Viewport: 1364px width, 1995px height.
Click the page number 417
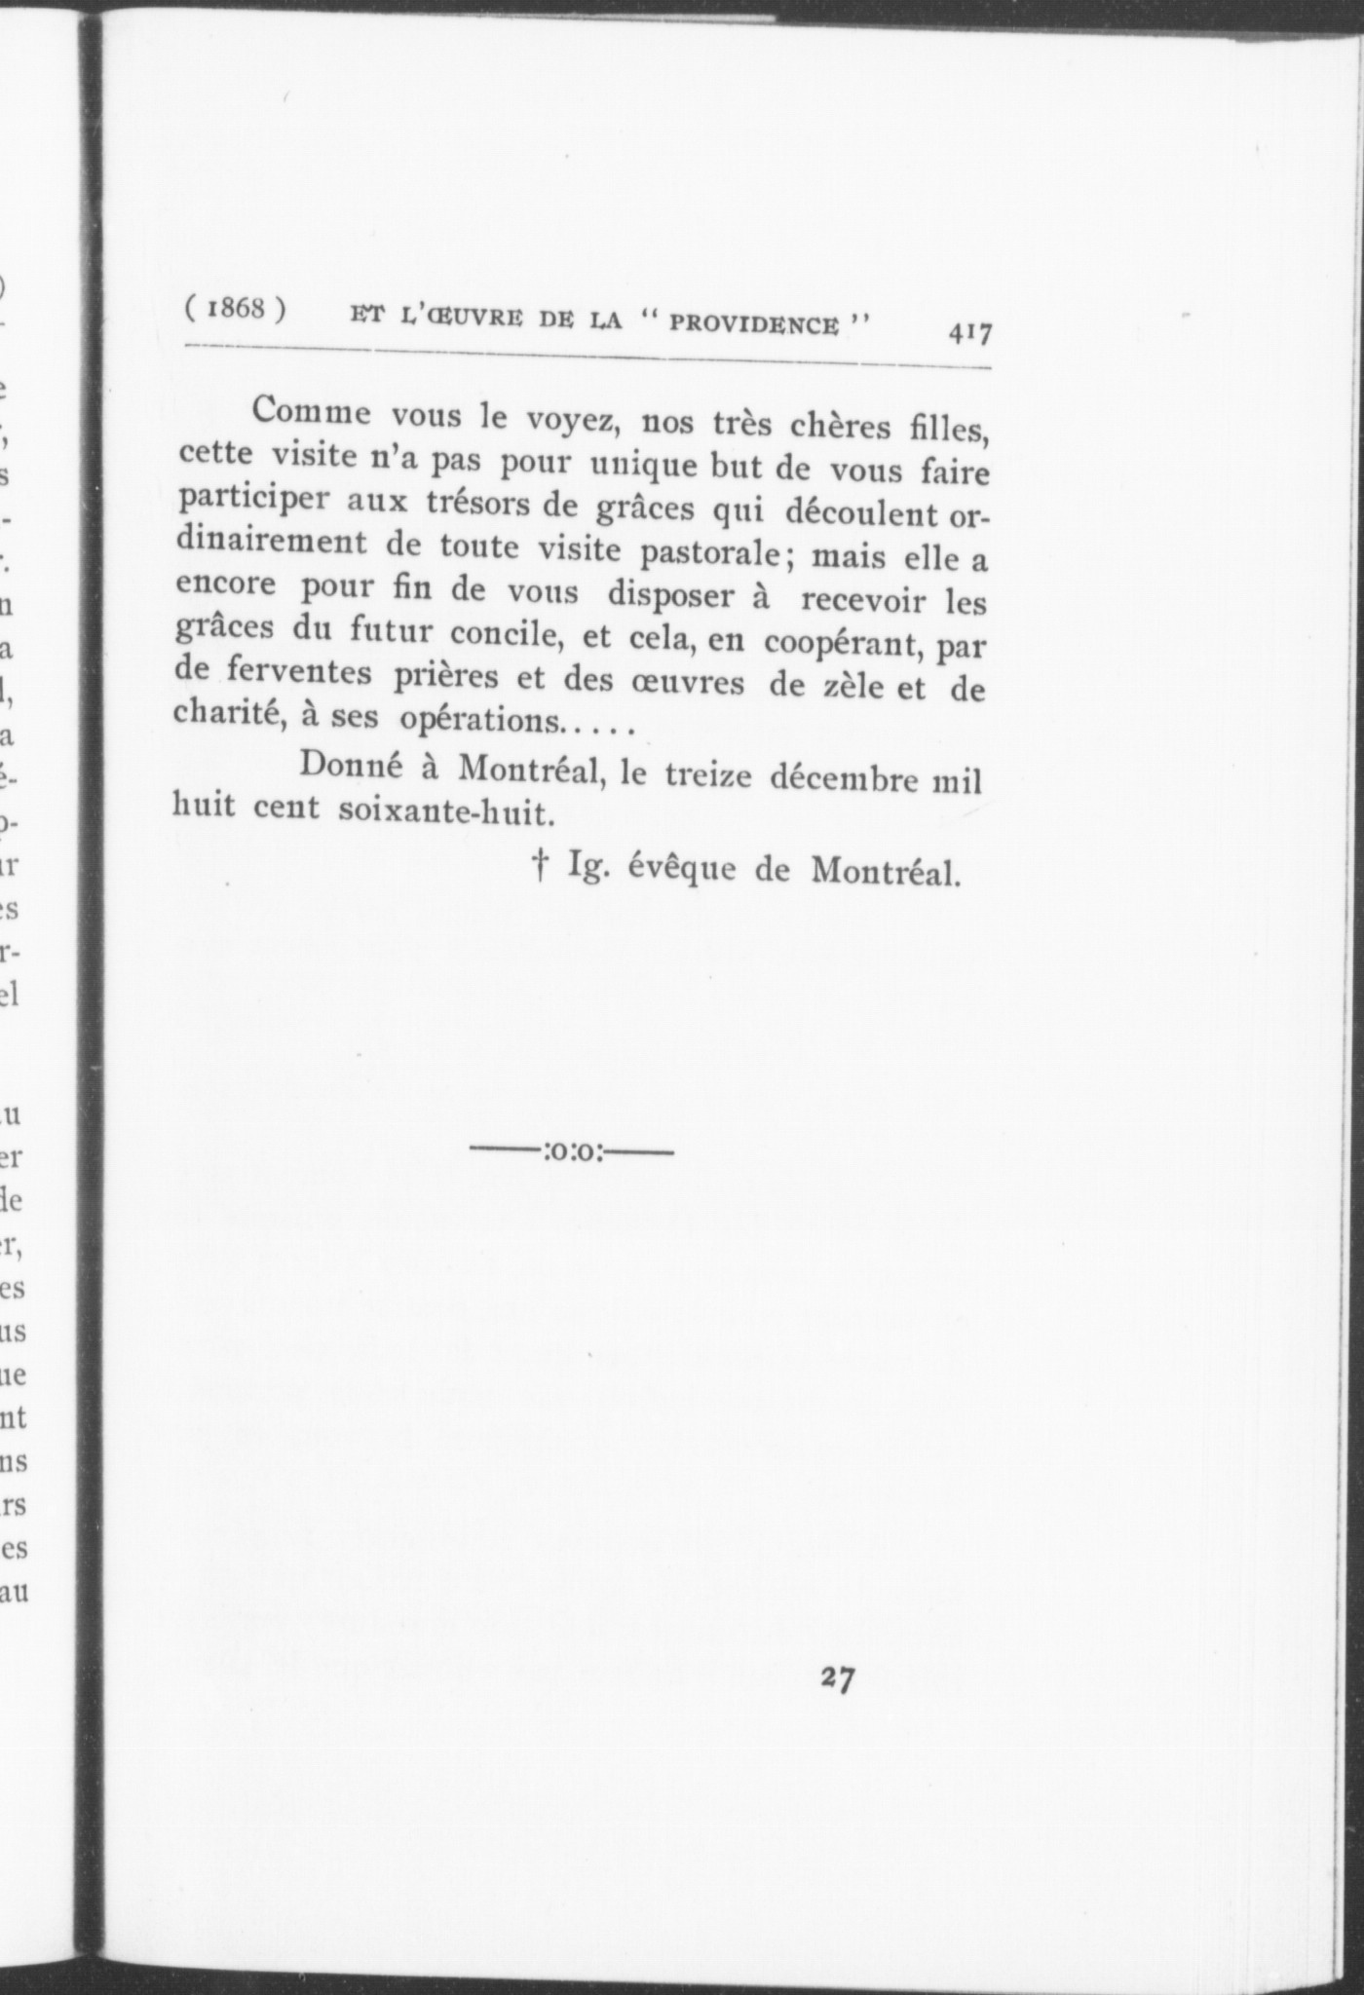[x=968, y=334]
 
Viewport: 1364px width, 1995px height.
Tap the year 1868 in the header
[x=235, y=309]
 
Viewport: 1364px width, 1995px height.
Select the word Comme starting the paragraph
[x=311, y=412]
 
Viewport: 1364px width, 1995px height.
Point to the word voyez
[x=569, y=421]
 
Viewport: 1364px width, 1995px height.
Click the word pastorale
[x=710, y=552]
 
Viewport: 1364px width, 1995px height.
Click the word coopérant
[x=840, y=644]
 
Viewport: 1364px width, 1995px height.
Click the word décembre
[x=846, y=778]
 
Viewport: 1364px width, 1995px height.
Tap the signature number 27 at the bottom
[x=838, y=1678]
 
